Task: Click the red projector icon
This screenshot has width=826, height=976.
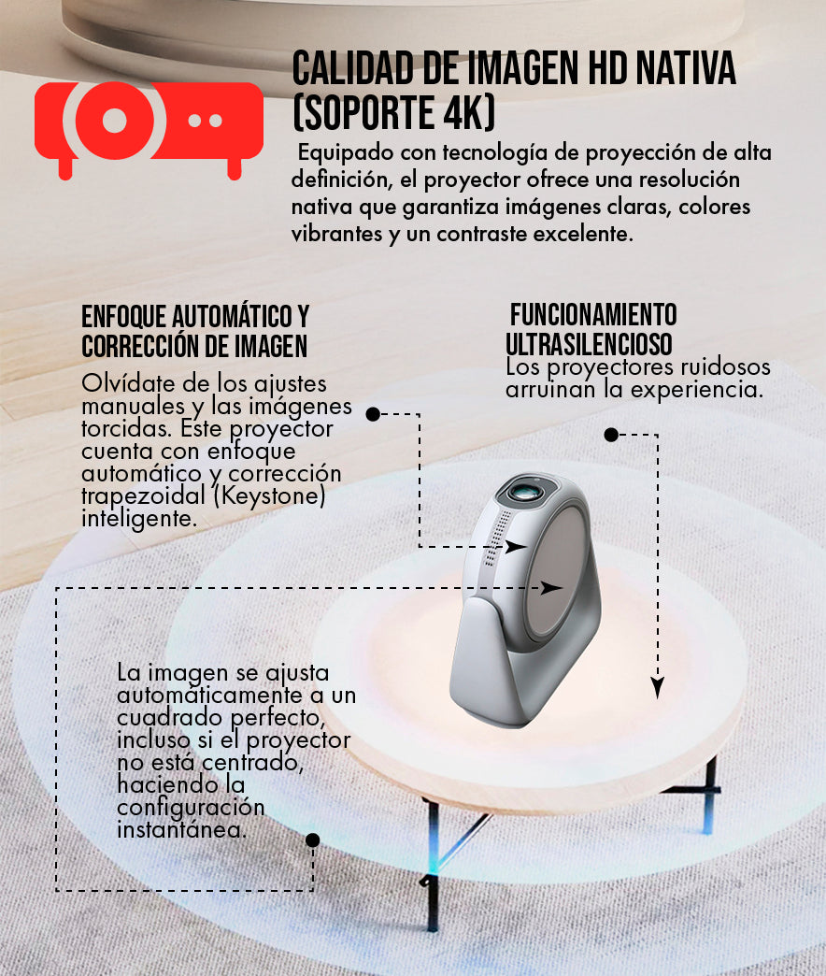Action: (149, 129)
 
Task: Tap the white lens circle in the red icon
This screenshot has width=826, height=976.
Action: (114, 121)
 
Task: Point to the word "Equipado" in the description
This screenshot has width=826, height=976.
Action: (346, 153)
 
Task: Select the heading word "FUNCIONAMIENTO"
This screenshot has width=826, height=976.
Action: (593, 315)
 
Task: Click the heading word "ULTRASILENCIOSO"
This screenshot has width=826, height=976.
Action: (589, 344)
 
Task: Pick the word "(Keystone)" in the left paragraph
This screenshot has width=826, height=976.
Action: (269, 496)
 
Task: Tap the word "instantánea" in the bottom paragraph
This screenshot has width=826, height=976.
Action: (181, 830)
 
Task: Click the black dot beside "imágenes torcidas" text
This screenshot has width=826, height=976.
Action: (373, 414)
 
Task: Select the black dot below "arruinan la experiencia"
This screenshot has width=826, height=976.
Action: (611, 435)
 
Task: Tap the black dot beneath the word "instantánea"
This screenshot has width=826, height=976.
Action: (313, 840)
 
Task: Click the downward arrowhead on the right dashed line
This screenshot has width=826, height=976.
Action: (658, 687)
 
